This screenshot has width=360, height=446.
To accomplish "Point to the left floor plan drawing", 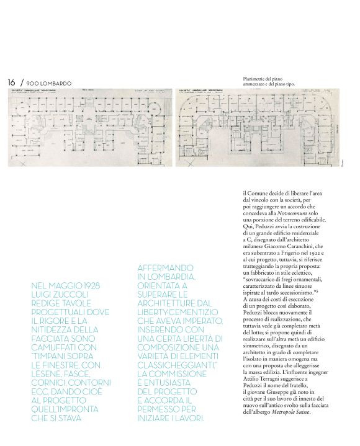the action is coord(89,127).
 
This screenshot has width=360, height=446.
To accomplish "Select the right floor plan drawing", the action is coord(262,127).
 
